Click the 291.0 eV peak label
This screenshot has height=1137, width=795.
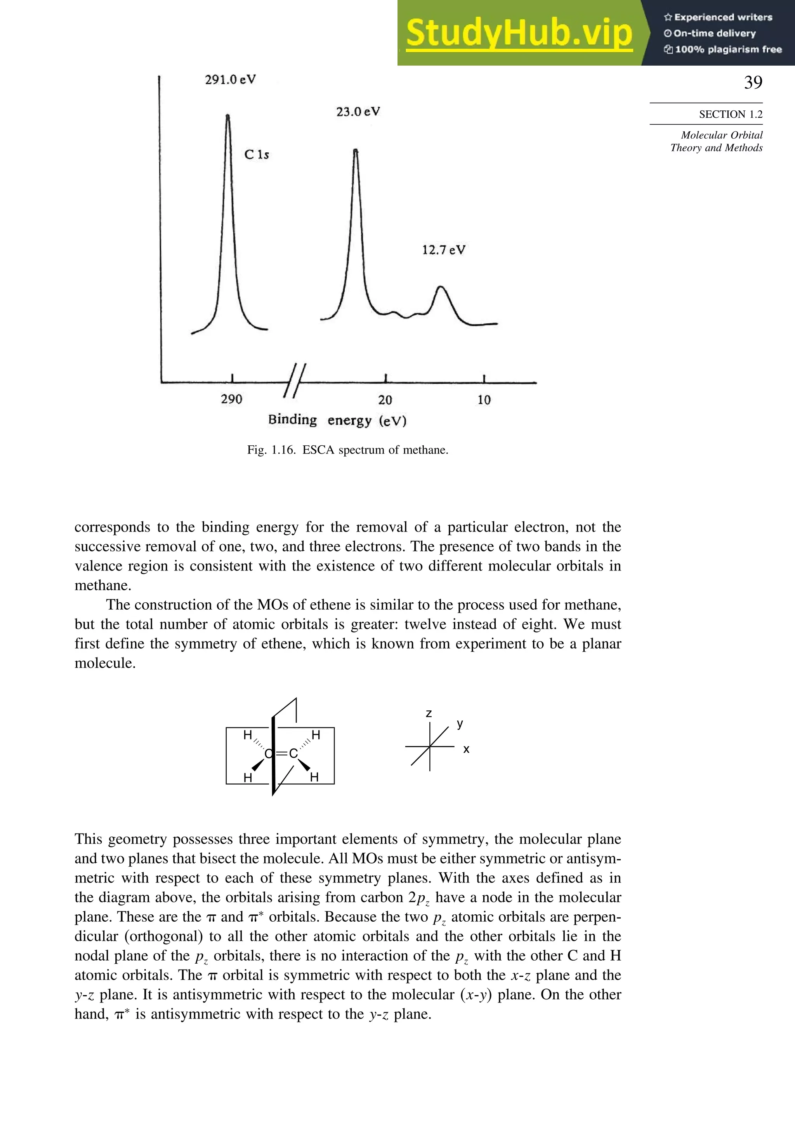pos(230,80)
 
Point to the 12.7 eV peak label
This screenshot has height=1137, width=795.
pos(443,250)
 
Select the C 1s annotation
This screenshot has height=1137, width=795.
pos(256,155)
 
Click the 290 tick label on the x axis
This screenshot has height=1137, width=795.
pos(231,399)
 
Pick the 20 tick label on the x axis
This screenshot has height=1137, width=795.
pos(385,399)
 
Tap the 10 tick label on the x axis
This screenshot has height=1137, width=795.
pos(484,399)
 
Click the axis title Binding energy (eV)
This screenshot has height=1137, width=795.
pos(337,420)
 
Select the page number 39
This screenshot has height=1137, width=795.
pos(753,82)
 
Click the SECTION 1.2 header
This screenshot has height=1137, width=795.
pos(730,114)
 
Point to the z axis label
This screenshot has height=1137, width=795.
pos(429,713)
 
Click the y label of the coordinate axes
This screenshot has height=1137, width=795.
pos(460,724)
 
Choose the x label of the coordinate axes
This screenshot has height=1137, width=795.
pos(466,750)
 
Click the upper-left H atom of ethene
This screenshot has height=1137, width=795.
pos(247,735)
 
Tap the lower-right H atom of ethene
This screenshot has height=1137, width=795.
pos(314,778)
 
